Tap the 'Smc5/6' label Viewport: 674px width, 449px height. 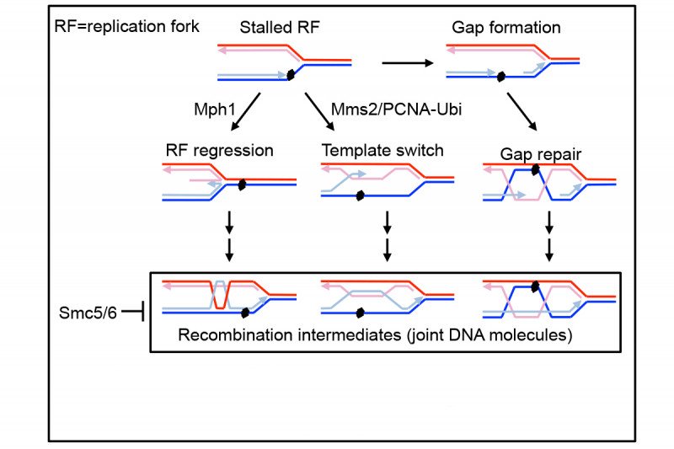pos(85,313)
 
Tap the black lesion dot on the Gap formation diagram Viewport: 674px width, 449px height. pos(499,77)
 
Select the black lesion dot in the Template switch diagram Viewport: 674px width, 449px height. pos(360,196)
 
